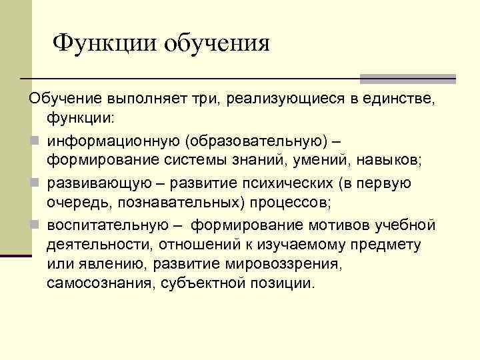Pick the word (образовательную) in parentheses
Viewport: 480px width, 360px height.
(x=265, y=141)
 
